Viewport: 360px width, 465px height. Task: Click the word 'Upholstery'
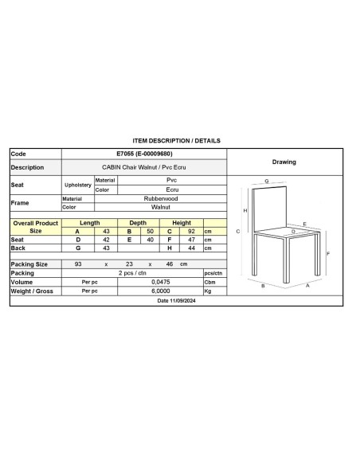pyautogui.click(x=78, y=185)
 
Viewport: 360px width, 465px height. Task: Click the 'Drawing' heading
pyautogui.click(x=284, y=162)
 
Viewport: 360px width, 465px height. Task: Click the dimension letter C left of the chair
pyautogui.click(x=239, y=231)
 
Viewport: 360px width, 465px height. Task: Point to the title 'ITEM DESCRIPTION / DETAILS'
pyautogui.click(x=176, y=140)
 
